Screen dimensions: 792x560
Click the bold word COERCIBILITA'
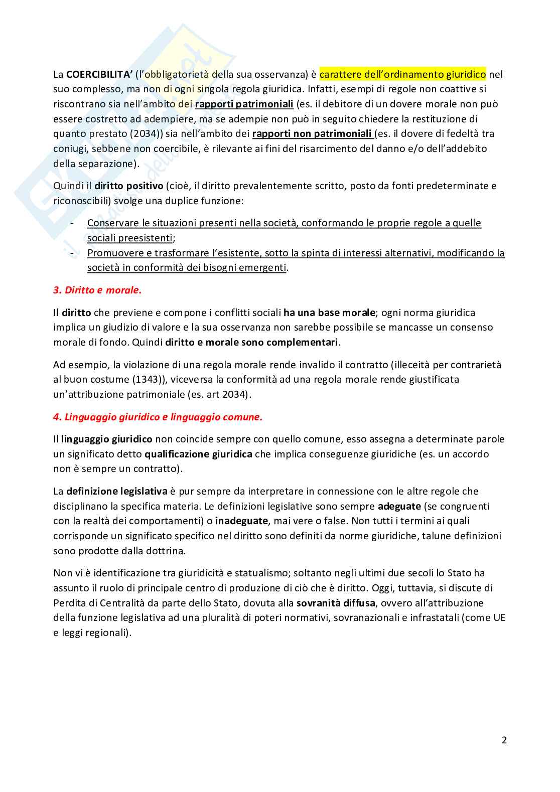tap(99, 75)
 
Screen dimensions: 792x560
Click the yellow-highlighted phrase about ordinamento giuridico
tap(402, 75)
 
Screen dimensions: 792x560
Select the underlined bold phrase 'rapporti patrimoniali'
tap(244, 104)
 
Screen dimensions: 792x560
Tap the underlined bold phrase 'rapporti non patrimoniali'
tap(312, 134)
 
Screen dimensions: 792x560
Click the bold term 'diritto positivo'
tap(129, 186)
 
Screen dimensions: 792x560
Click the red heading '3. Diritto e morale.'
tap(97, 290)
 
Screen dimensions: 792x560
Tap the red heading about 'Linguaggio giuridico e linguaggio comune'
tap(158, 417)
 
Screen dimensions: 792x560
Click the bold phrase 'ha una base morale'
tap(329, 313)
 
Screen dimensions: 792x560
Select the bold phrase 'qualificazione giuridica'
tap(198, 454)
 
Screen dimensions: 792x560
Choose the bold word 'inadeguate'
tap(242, 521)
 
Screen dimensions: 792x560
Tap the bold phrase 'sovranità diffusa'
tap(336, 603)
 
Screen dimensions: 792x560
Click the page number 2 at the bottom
tap(504, 740)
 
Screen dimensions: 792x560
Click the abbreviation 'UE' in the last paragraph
tap(499, 618)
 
